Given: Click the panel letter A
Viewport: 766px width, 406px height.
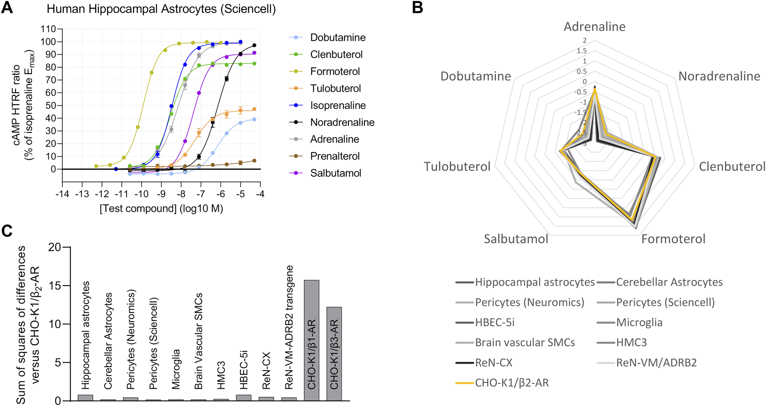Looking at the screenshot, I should (7, 8).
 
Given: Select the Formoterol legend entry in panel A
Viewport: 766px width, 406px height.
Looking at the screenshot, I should (335, 71).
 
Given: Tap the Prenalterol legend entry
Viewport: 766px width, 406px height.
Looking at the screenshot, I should (335, 156).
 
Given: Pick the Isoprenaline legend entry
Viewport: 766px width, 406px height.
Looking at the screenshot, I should (338, 105).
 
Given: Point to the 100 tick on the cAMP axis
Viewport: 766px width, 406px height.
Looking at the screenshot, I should (48, 42).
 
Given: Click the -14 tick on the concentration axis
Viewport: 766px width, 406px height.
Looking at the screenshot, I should (62, 194).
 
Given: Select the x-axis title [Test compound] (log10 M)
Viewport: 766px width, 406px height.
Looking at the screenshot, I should (161, 209).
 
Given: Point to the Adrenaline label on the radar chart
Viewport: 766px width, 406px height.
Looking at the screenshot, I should (594, 27).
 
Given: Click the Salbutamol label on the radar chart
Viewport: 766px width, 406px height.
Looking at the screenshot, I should (516, 239).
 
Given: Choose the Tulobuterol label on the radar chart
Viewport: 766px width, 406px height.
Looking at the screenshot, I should (457, 166).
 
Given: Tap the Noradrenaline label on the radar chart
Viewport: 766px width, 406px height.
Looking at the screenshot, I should (719, 77).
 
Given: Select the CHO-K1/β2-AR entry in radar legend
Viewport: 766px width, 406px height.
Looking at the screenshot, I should (511, 383).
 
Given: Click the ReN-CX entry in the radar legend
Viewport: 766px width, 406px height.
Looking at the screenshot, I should (493, 362).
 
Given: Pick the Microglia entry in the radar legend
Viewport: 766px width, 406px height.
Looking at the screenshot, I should (639, 322).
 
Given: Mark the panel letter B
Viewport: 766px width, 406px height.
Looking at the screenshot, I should (417, 8).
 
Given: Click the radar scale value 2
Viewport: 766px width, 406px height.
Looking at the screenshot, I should (584, 41).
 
